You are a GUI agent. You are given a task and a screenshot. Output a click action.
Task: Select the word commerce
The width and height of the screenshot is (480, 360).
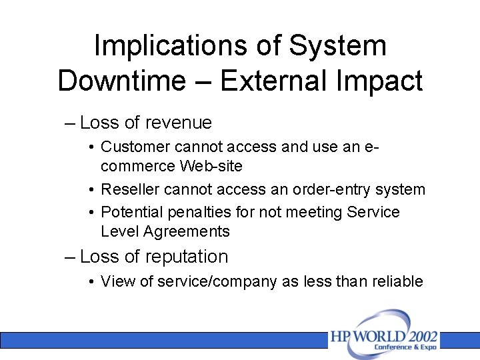pos(138,166)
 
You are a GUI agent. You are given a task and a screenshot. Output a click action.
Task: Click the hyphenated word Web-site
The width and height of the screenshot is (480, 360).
pos(211,166)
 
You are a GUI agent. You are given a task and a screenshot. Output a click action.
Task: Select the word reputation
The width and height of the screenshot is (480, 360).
pos(186,257)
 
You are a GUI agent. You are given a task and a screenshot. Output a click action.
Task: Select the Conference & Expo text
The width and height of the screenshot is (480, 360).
pos(405,347)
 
